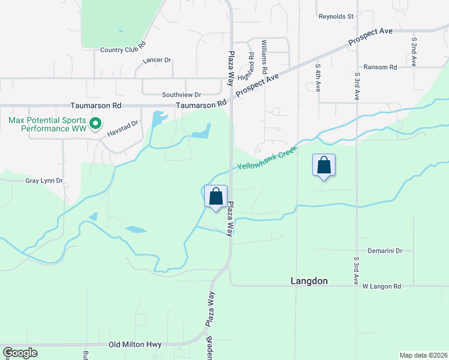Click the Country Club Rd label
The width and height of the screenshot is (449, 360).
tap(123, 50)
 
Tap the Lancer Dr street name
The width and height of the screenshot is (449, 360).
tap(157, 61)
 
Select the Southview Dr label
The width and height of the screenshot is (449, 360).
tap(181, 95)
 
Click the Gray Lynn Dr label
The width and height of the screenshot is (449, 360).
tap(44, 181)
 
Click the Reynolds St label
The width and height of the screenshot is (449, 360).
tap(336, 17)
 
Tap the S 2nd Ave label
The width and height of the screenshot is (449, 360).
tap(414, 52)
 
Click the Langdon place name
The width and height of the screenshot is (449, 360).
tap(309, 281)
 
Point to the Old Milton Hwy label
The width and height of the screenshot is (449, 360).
tap(134, 345)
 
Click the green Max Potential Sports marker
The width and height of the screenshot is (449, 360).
tap(95, 124)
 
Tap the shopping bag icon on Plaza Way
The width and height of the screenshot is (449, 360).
tap(216, 196)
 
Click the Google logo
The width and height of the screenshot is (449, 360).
tap(20, 353)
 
